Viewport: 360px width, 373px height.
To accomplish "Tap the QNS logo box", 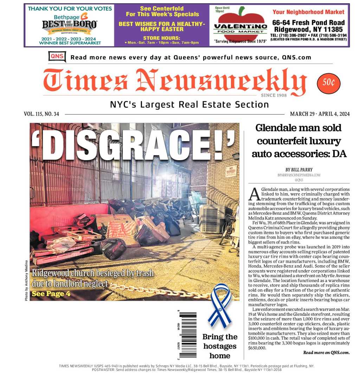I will pyautogui.click(x=57, y=57).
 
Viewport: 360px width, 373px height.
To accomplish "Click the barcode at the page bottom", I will pyautogui.click(x=188, y=335).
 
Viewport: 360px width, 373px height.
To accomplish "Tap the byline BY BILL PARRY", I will pyautogui.click(x=299, y=170).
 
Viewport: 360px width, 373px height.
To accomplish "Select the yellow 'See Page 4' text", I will pyautogui.click(x=51, y=294).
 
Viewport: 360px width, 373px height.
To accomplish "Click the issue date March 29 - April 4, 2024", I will pyautogui.click(x=320, y=114).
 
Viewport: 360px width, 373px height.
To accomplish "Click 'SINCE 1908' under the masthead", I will pyautogui.click(x=274, y=96).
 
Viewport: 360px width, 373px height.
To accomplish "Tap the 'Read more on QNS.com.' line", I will pyautogui.click(x=326, y=352).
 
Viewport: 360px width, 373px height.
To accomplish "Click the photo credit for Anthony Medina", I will pyautogui.click(x=26, y=280).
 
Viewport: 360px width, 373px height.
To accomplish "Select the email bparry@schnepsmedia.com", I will pyautogui.click(x=299, y=175).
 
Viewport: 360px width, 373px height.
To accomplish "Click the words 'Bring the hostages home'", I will pyautogui.click(x=220, y=346).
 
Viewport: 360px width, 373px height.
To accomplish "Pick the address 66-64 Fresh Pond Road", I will pyautogui.click(x=308, y=22).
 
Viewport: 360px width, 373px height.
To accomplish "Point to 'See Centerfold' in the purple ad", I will pyautogui.click(x=162, y=8).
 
